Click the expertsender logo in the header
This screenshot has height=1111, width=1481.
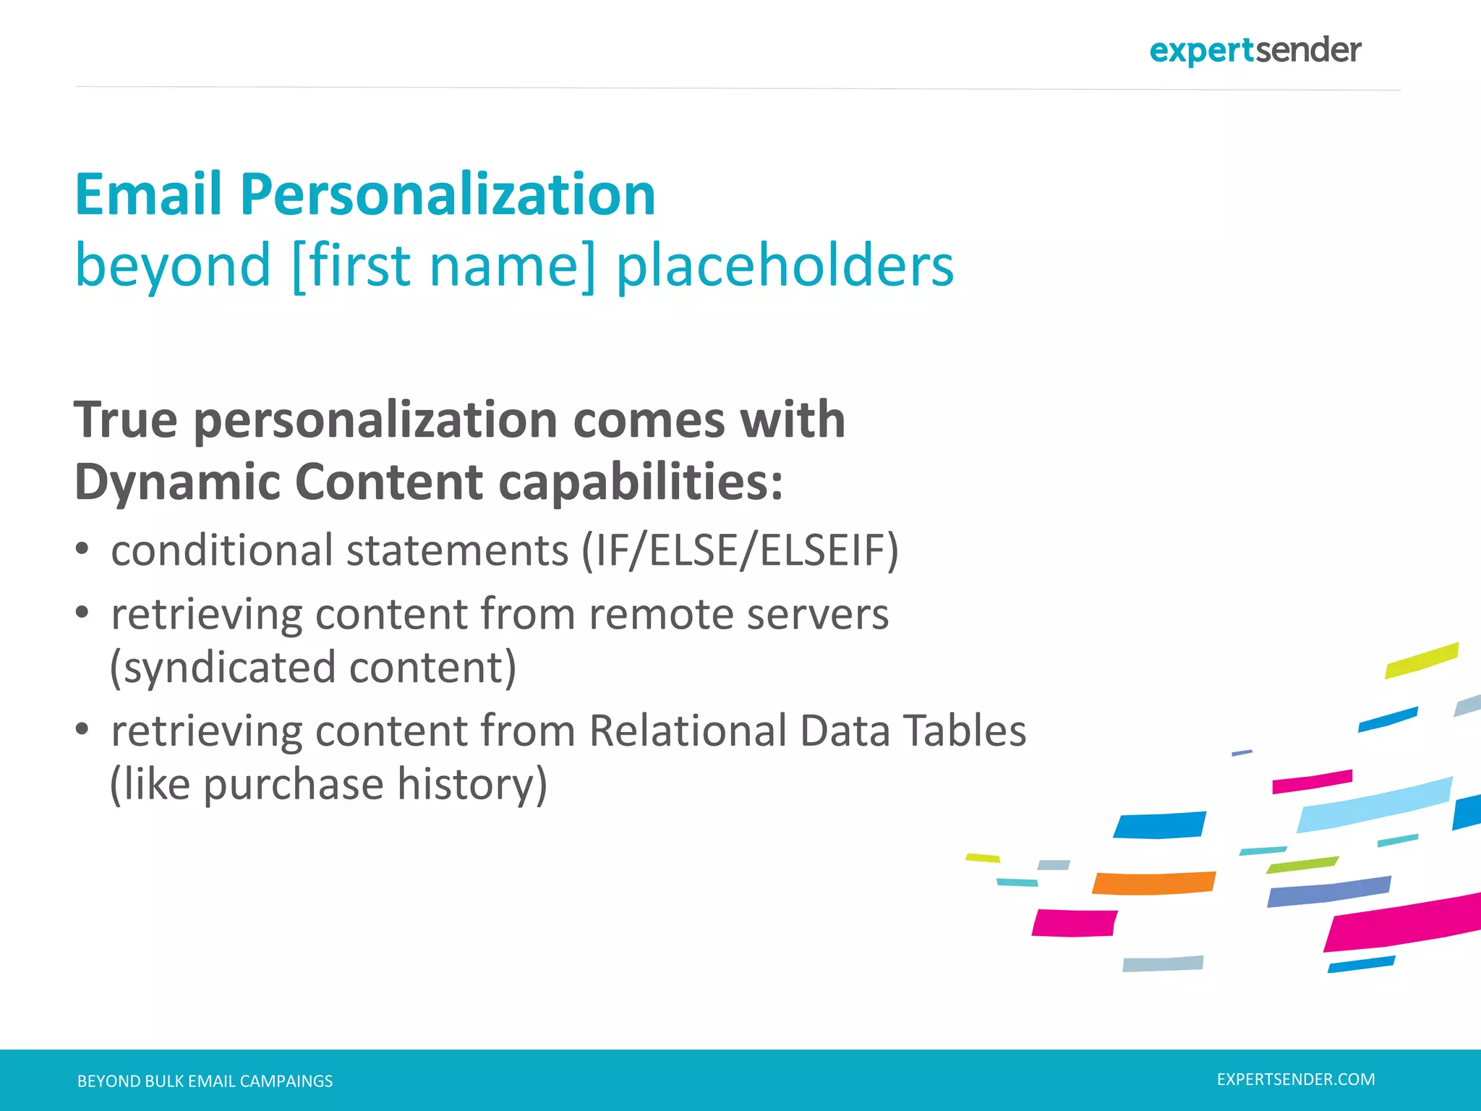[1255, 51]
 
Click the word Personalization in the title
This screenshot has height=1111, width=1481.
[448, 195]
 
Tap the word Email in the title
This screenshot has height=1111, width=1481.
[148, 195]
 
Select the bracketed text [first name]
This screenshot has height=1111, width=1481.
[444, 266]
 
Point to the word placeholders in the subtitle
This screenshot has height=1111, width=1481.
[785, 266]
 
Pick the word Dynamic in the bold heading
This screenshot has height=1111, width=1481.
[177, 482]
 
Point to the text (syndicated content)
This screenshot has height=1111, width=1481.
[313, 667]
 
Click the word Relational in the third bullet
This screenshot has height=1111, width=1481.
[688, 731]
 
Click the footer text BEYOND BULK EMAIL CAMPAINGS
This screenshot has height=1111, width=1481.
[205, 1081]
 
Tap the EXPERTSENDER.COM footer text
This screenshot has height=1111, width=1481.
[1296, 1080]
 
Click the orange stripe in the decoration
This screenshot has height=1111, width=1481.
[1153, 883]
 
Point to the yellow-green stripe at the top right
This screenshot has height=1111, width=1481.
[1421, 660]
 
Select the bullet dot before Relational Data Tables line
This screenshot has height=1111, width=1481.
[82, 729]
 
